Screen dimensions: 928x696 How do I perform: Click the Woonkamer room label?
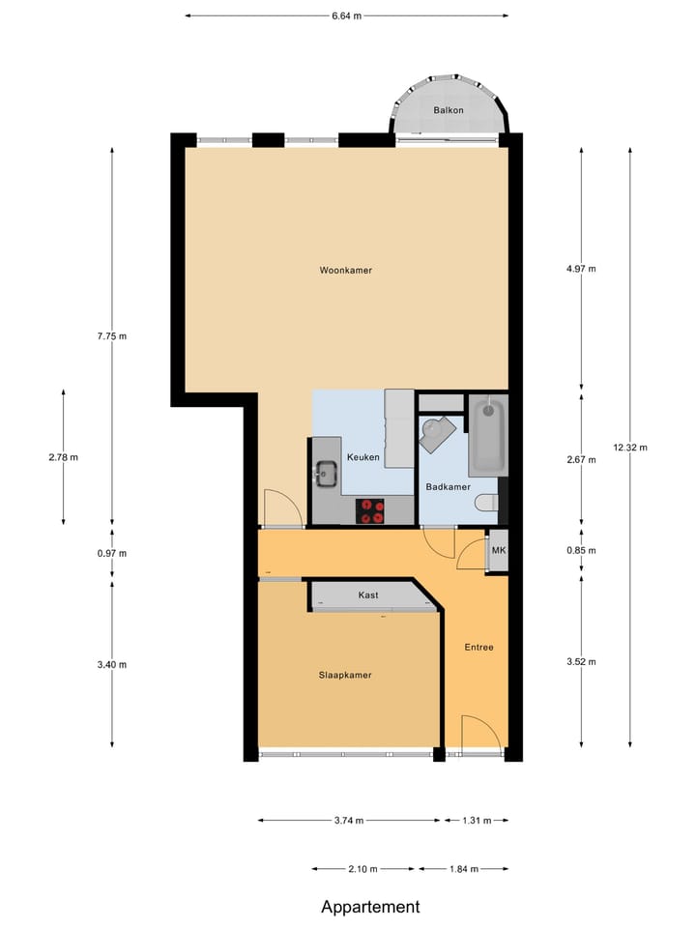click(x=345, y=271)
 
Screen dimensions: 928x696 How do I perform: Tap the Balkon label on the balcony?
click(x=449, y=110)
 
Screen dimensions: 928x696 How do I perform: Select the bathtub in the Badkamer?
click(x=487, y=436)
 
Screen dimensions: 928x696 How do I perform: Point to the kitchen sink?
click(x=325, y=474)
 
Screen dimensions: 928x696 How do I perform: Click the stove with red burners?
click(x=370, y=510)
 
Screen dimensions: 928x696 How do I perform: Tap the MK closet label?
click(x=499, y=551)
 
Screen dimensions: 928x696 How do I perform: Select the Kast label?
click(x=367, y=595)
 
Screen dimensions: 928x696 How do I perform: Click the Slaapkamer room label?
click(x=345, y=675)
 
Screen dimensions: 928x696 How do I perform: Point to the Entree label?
click(x=478, y=647)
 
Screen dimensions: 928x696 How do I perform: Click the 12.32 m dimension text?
click(x=629, y=447)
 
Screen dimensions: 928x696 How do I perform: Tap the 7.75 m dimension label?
click(x=112, y=336)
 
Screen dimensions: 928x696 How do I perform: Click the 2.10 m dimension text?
click(x=362, y=869)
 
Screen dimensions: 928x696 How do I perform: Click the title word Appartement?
click(x=371, y=907)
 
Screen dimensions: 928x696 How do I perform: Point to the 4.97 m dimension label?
click(x=581, y=269)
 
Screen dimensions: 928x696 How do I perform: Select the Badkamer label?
click(x=448, y=487)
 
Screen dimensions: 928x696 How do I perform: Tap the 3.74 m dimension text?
click(x=348, y=821)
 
